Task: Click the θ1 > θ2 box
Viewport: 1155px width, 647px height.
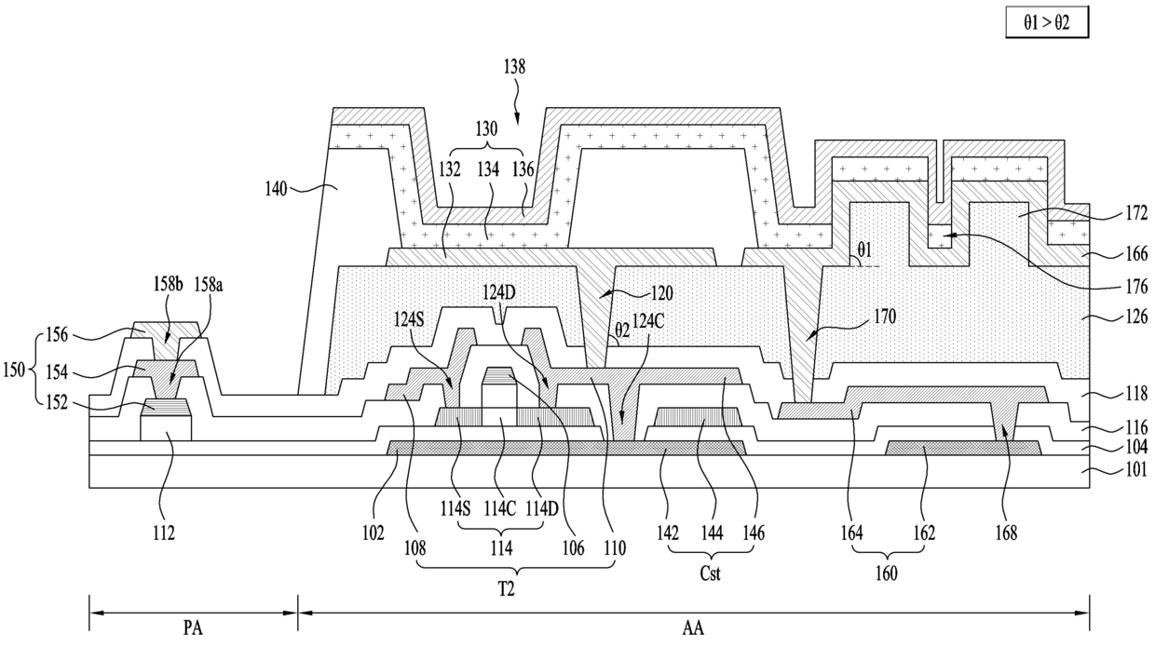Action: tap(1047, 23)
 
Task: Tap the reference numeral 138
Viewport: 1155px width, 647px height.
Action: tap(514, 67)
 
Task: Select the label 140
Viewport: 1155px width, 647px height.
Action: tap(276, 189)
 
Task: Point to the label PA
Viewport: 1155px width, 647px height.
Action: tap(193, 628)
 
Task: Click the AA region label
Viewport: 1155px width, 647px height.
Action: tap(693, 628)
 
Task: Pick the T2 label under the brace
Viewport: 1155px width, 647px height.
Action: tap(507, 588)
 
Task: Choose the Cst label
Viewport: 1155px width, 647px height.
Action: tap(710, 573)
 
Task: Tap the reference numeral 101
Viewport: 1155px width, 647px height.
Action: tap(1136, 469)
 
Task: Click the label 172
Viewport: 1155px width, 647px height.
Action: tap(1136, 213)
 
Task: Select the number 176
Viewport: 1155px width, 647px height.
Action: tap(1136, 287)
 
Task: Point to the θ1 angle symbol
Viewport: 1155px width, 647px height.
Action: tap(864, 250)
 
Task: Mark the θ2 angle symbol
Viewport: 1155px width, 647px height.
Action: tap(622, 330)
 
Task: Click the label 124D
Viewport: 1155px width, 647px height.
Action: tap(498, 293)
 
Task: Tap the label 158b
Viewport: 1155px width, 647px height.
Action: tap(168, 284)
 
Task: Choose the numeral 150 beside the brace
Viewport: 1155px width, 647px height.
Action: tap(14, 370)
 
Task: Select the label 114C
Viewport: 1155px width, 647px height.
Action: tap(499, 509)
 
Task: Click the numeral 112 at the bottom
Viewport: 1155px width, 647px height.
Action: tap(163, 532)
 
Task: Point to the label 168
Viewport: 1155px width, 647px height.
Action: tap(1006, 532)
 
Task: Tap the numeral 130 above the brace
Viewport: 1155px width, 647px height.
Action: tap(486, 128)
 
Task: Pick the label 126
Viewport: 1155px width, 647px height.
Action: tap(1136, 316)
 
